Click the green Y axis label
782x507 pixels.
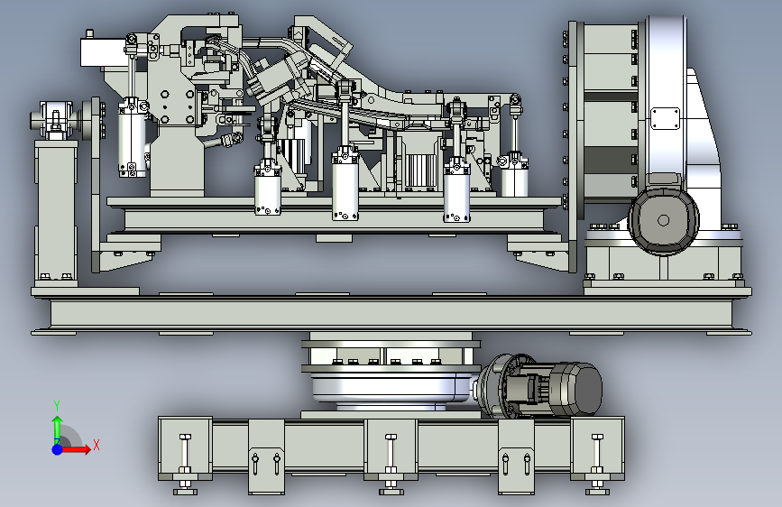pyautogui.click(x=56, y=405)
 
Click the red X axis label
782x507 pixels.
pyautogui.click(x=96, y=445)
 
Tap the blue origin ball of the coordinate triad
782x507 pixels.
pyautogui.click(x=58, y=448)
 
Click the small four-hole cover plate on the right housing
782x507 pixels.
pyautogui.click(x=665, y=118)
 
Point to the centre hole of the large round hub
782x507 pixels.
pyautogui.click(x=663, y=220)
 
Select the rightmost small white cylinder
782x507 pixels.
pyautogui.click(x=514, y=177)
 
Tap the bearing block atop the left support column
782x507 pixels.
pyautogui.click(x=56, y=120)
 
